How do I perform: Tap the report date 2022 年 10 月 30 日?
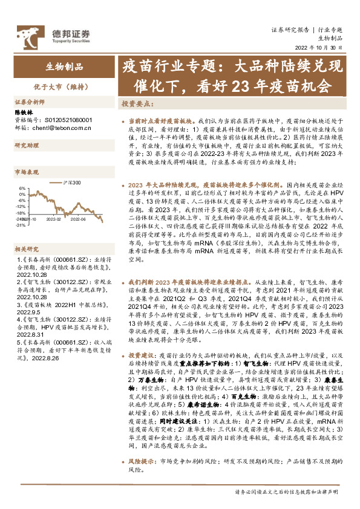click(321, 48)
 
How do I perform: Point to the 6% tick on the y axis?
click(22, 188)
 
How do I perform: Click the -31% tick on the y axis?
click(20, 225)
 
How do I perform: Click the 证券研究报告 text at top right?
click(289, 30)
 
